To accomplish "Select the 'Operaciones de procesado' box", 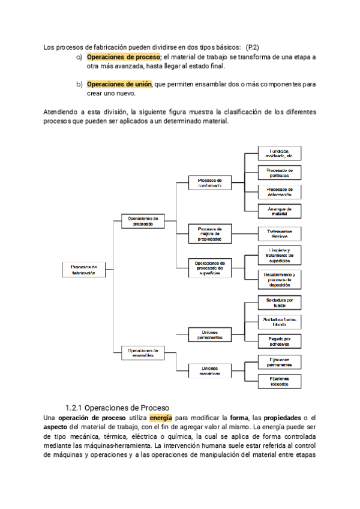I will coord(143,221).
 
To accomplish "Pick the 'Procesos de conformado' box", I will coord(210,182).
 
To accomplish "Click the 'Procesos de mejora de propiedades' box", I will coord(210,233).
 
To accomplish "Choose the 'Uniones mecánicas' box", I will coord(210,370).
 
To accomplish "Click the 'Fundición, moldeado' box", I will coord(280,153).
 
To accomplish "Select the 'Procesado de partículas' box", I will coord(280,172).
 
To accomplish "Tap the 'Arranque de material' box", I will coord(280,211).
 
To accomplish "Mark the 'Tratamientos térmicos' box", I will coord(280,233).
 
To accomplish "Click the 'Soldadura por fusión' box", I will coord(280,302).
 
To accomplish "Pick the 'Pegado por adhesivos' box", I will coord(280,341).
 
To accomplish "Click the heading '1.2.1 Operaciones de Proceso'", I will coord(117,406).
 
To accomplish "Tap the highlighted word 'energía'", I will coord(160,417).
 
